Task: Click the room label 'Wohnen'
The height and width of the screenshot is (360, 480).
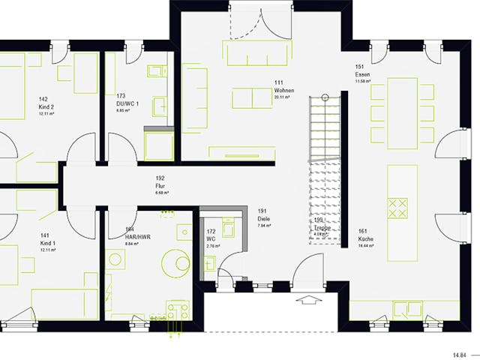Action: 283,90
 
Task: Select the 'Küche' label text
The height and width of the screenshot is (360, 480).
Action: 365,238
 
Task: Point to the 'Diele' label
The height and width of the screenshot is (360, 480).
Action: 263,218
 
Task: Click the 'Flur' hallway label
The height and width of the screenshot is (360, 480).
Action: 160,185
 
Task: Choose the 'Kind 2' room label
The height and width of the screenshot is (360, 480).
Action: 46,106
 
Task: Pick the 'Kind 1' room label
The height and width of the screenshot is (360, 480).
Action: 46,243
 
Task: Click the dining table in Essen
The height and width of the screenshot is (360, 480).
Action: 402,112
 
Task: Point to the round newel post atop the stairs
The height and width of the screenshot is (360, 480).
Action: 324,97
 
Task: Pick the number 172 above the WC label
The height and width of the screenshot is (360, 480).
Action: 211,232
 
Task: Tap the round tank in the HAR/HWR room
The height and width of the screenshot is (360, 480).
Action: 181,262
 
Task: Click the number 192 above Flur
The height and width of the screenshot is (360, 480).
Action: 160,178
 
